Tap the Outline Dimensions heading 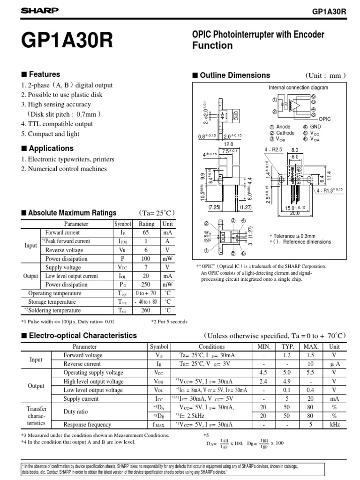click(x=235, y=75)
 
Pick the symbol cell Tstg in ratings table click(x=123, y=302)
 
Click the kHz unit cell click(x=334, y=424)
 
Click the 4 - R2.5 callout click(x=273, y=150)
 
